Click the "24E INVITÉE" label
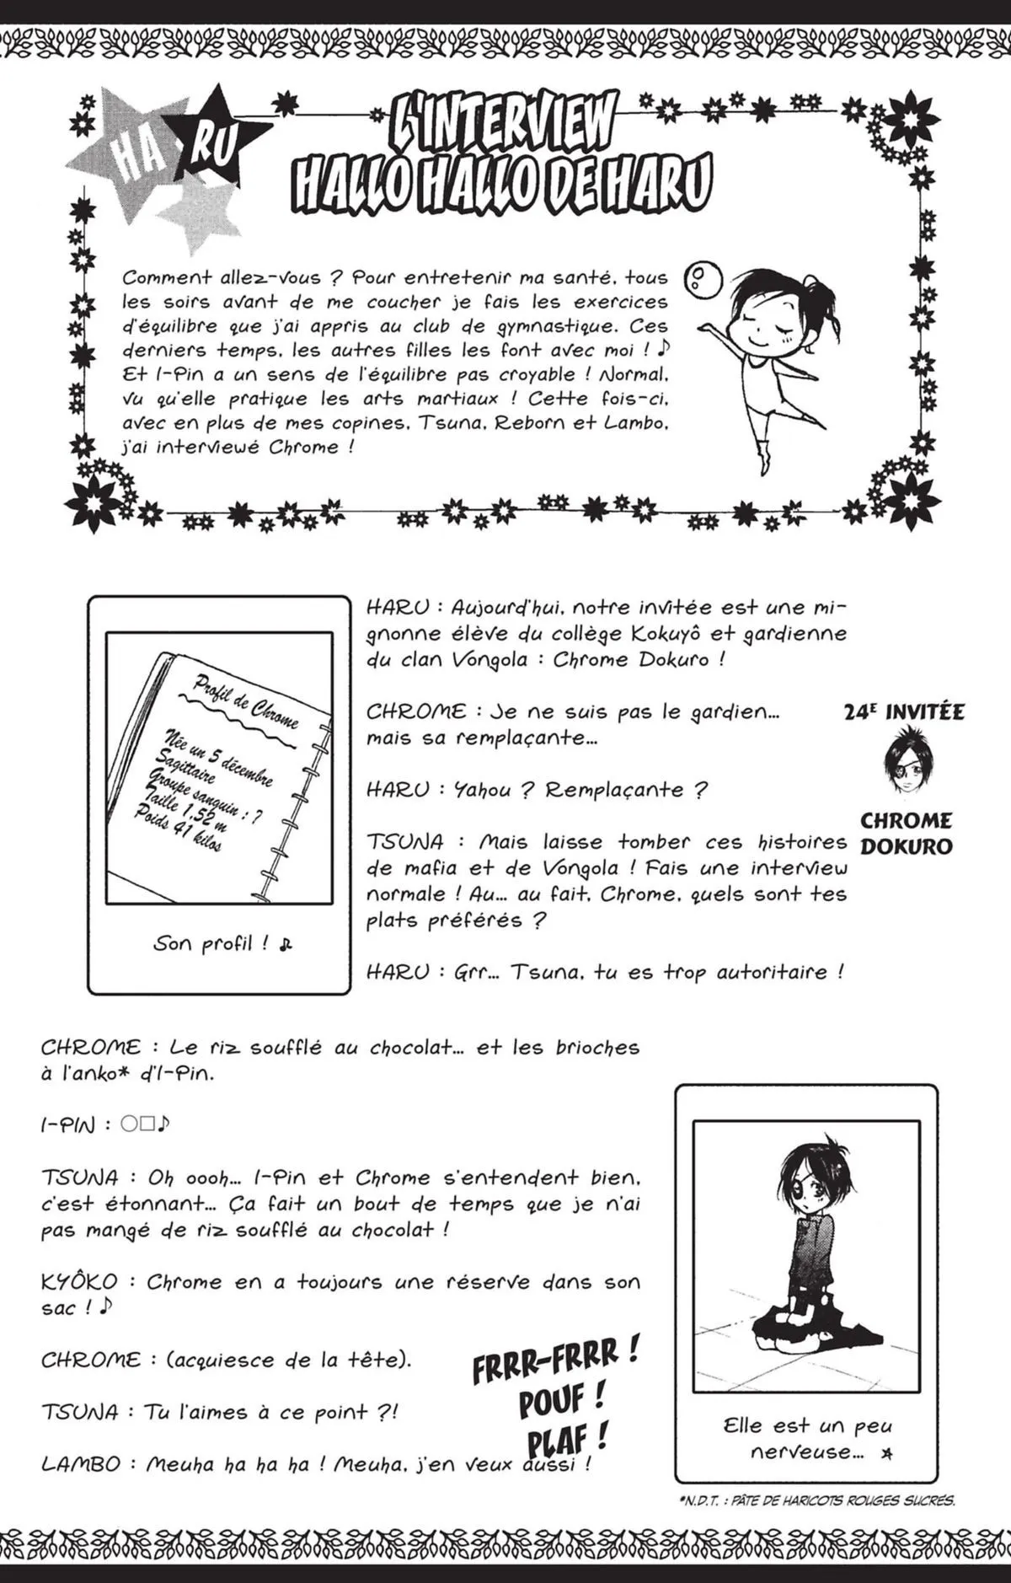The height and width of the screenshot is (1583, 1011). pyautogui.click(x=904, y=712)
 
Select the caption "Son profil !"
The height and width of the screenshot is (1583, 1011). pyautogui.click(x=221, y=944)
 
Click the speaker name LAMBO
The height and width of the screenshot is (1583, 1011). pyautogui.click(x=81, y=1464)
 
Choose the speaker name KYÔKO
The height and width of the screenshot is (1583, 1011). pyautogui.click(x=78, y=1282)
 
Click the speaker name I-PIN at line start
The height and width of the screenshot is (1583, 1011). pyautogui.click(x=67, y=1124)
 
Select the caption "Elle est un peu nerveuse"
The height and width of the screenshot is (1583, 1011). pyautogui.click(x=806, y=1438)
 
